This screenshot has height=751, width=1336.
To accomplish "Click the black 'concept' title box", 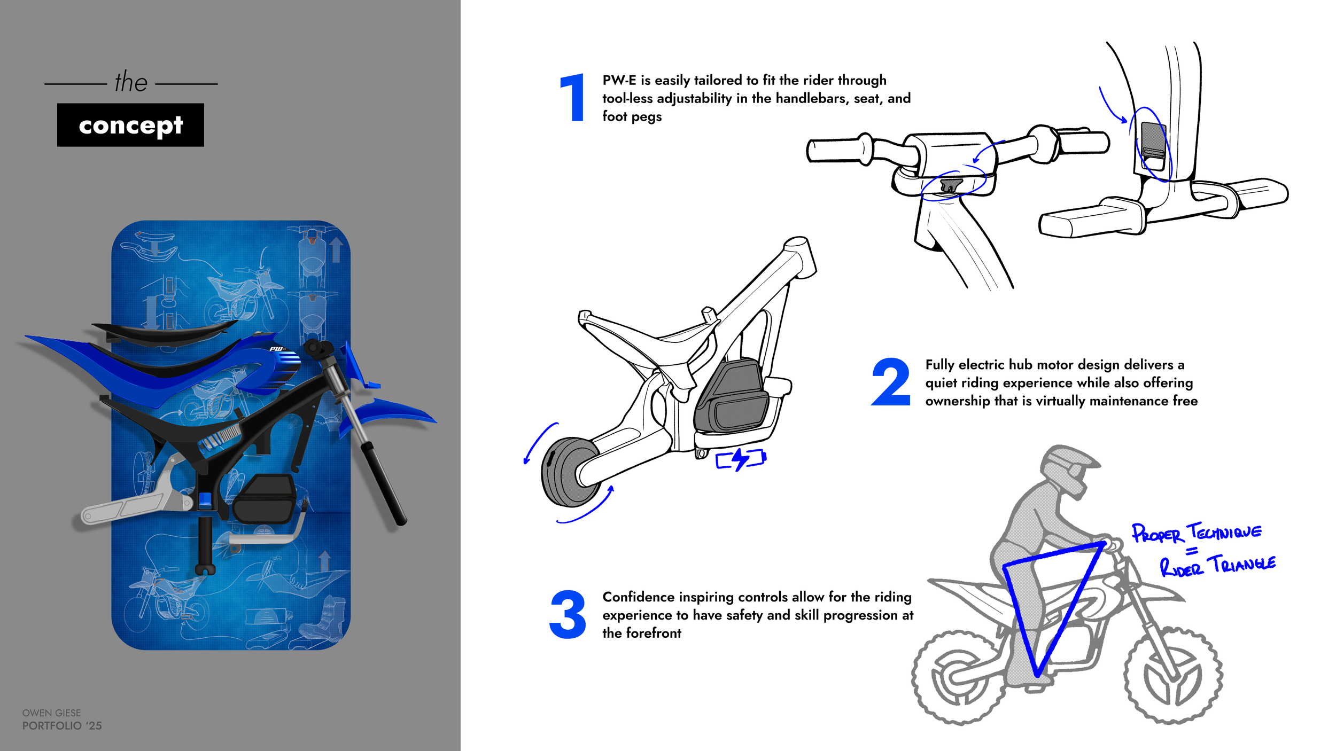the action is point(130,125).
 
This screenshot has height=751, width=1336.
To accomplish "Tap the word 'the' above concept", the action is point(131,82).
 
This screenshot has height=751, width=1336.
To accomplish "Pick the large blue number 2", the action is point(891,382).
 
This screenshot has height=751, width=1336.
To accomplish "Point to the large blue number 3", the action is point(568,614).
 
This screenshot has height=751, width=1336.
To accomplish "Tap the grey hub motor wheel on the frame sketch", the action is point(566,472).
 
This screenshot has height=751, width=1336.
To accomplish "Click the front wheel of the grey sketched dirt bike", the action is point(1172,676).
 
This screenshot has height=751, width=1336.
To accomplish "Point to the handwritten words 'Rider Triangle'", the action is point(1217,566).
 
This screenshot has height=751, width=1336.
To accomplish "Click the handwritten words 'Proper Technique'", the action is point(1197,533).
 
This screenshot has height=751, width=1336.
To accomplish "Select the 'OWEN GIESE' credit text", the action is point(52,713).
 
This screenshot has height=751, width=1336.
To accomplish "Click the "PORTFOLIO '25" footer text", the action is point(62,726).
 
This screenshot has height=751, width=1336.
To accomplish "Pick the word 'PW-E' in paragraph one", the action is point(619,80).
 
